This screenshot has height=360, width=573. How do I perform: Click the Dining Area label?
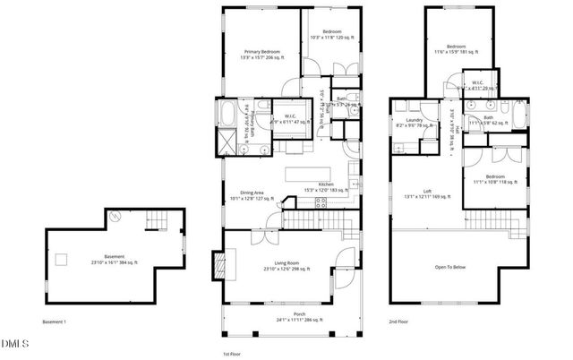[246, 196]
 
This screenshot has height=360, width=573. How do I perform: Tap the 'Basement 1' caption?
[55, 321]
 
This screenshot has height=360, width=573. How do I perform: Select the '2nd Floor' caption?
[399, 321]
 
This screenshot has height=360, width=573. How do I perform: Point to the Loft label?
[430, 193]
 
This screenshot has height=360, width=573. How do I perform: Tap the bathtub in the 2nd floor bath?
[508, 115]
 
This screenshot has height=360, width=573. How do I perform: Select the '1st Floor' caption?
[232, 354]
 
